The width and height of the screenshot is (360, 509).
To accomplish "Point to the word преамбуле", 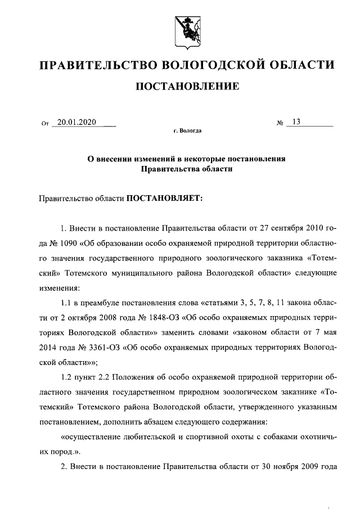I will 102,303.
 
